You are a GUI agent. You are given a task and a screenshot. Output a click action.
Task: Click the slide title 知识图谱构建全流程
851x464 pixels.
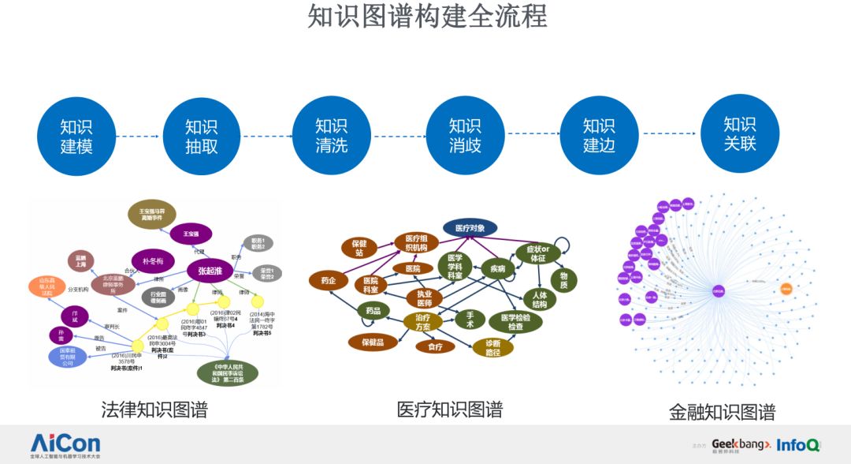click(426, 17)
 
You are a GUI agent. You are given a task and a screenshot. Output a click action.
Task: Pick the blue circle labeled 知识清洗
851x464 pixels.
click(331, 135)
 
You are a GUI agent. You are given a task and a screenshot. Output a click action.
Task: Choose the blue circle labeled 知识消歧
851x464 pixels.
click(465, 135)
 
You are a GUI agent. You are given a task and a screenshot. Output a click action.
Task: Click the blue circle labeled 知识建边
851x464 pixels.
click(598, 135)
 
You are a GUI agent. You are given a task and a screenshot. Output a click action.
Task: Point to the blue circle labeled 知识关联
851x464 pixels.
click(739, 133)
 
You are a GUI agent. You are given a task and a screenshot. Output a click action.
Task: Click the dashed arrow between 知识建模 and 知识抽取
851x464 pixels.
click(139, 137)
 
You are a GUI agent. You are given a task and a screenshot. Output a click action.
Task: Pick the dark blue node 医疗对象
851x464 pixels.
click(470, 228)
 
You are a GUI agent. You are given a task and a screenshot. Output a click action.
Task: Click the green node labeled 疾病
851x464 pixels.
click(497, 268)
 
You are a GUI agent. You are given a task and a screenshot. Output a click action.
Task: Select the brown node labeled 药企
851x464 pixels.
click(328, 279)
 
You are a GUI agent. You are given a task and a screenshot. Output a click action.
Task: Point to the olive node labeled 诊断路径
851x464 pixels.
click(492, 346)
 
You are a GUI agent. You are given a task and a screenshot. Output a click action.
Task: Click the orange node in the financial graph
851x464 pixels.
click(786, 289)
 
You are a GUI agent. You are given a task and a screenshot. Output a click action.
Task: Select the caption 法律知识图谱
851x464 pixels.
click(154, 410)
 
